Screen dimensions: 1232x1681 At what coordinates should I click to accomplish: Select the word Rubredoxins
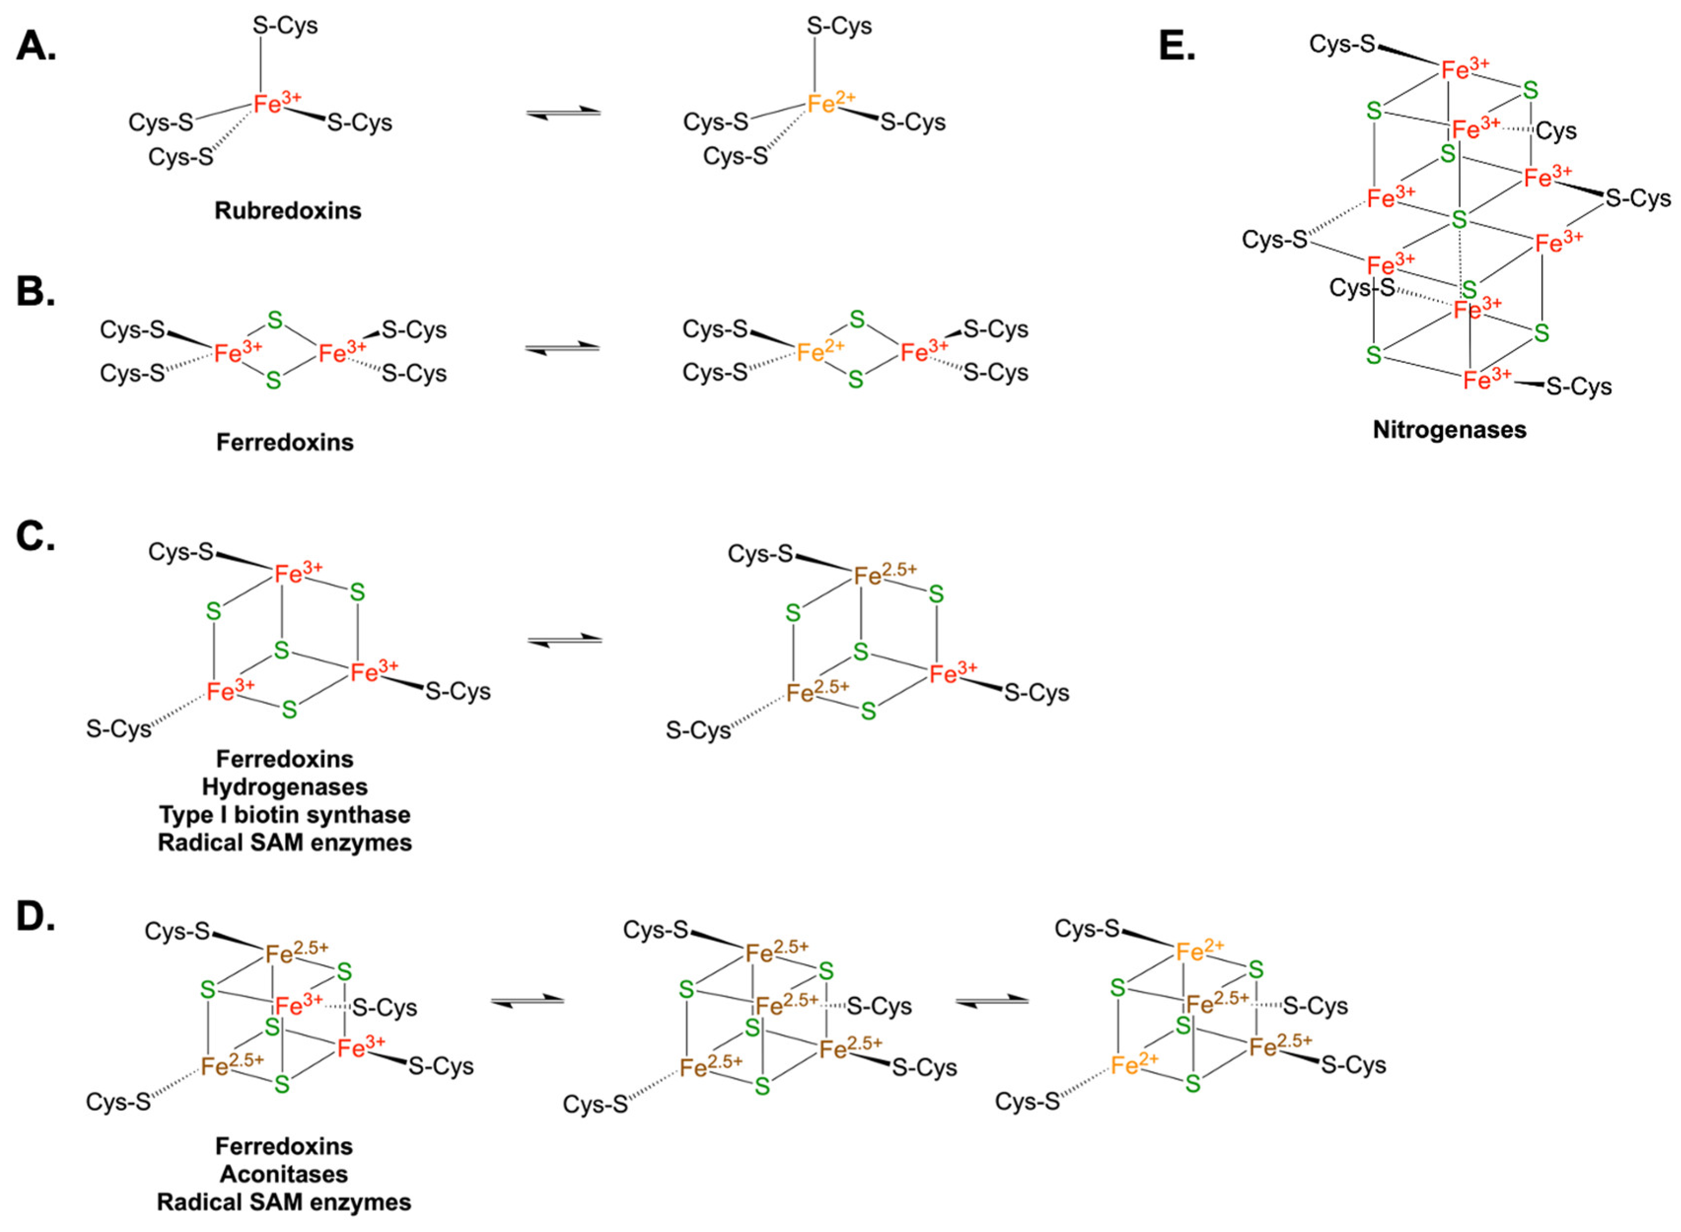(x=288, y=211)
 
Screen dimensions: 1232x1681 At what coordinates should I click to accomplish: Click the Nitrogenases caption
(x=1449, y=430)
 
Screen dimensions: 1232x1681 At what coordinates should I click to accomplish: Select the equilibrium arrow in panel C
(x=564, y=640)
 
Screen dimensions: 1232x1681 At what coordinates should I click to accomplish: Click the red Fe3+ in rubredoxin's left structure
(x=277, y=103)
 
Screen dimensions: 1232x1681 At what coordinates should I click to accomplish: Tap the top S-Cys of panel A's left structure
(x=285, y=26)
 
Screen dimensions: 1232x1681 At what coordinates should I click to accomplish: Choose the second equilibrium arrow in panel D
(x=992, y=1002)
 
